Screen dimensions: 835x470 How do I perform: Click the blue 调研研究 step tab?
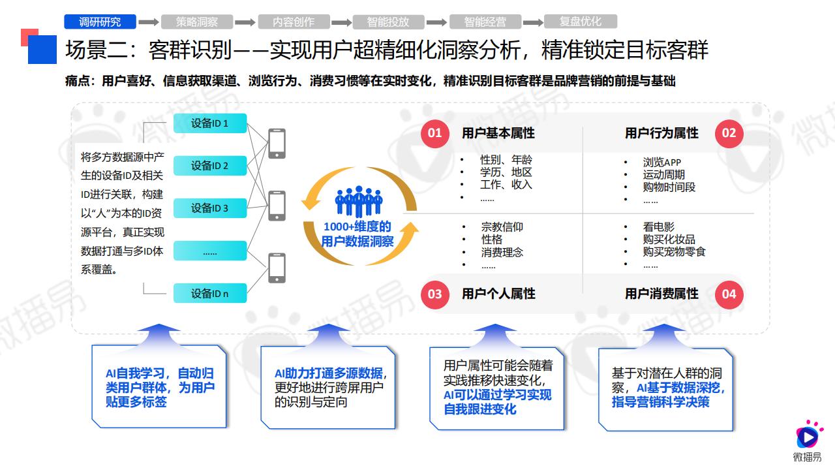point(100,22)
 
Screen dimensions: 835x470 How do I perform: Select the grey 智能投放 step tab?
point(388,22)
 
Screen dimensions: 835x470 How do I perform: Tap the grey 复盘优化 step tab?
point(581,22)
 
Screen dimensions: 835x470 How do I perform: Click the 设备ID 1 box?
point(210,123)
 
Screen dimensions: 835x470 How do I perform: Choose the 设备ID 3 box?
point(210,208)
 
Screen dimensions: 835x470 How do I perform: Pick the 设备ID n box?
point(210,293)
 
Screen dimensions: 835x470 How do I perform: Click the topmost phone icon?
point(277,144)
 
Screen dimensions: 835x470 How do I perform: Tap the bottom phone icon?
point(277,268)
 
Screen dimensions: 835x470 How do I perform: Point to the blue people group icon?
point(359,201)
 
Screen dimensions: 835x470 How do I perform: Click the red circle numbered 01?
point(434,133)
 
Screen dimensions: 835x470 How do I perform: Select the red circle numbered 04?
point(729,294)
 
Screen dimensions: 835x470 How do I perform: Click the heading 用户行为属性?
point(661,133)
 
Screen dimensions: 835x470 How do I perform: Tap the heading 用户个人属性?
point(498,294)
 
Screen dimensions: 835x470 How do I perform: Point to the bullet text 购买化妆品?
point(669,239)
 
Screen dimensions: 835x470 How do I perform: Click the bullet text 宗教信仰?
point(502,227)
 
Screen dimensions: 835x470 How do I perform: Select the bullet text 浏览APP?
point(661,163)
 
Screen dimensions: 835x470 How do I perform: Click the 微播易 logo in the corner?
point(808,440)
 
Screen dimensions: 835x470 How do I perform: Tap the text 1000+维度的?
point(357,227)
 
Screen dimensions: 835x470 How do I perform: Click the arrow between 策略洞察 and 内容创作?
point(245,22)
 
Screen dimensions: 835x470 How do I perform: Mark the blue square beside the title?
point(42,50)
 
